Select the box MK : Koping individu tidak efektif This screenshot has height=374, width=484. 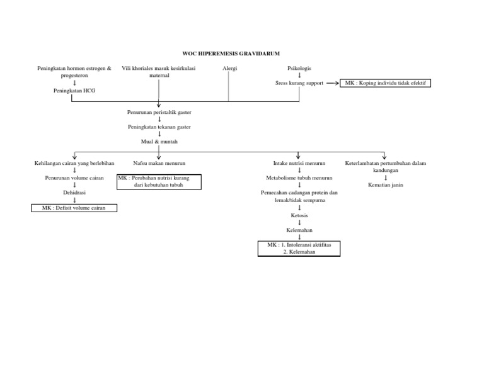[385, 83]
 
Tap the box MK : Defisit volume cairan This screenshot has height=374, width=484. [74, 208]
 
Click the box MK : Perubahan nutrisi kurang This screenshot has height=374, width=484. [159, 182]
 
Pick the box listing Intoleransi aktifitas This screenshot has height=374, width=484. [299, 248]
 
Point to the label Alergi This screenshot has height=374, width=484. [229, 68]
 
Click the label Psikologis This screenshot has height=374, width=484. [299, 68]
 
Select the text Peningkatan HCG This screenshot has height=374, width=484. [74, 91]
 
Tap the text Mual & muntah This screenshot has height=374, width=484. [159, 142]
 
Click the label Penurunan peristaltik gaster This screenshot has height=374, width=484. [159, 112]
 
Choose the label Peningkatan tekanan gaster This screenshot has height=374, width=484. [159, 127]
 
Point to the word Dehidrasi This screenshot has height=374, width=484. [74, 193]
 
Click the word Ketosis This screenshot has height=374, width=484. [299, 215]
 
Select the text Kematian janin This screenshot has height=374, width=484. [385, 185]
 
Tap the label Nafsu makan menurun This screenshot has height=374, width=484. [159, 163]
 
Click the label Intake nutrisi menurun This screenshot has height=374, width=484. [299, 163]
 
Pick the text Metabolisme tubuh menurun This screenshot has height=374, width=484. [299, 178]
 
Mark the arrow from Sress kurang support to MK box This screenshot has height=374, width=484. [331, 83]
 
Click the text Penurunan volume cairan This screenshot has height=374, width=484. [74, 178]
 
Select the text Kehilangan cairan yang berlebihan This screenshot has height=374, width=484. [74, 163]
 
